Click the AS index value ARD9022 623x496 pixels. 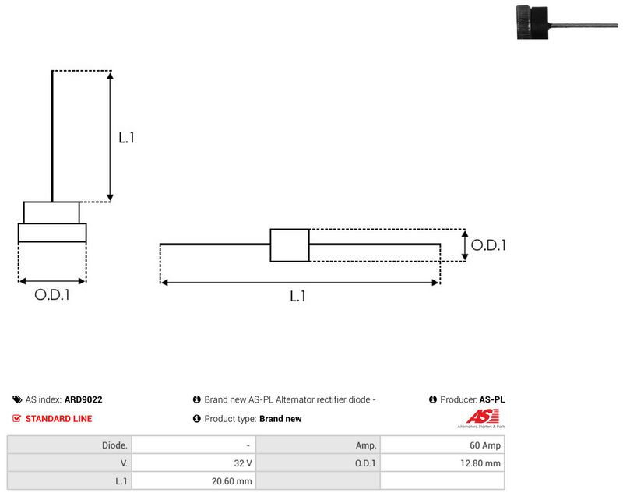83,399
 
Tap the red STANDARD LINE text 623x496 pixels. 59,419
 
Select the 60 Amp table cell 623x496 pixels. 442,445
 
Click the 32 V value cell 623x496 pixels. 194,463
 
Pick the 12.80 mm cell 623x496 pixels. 442,463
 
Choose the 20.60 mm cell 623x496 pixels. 194,481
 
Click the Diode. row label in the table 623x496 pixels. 69,445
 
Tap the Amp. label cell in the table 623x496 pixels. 318,445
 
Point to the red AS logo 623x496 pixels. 482,417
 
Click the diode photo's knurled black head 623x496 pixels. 532,23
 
